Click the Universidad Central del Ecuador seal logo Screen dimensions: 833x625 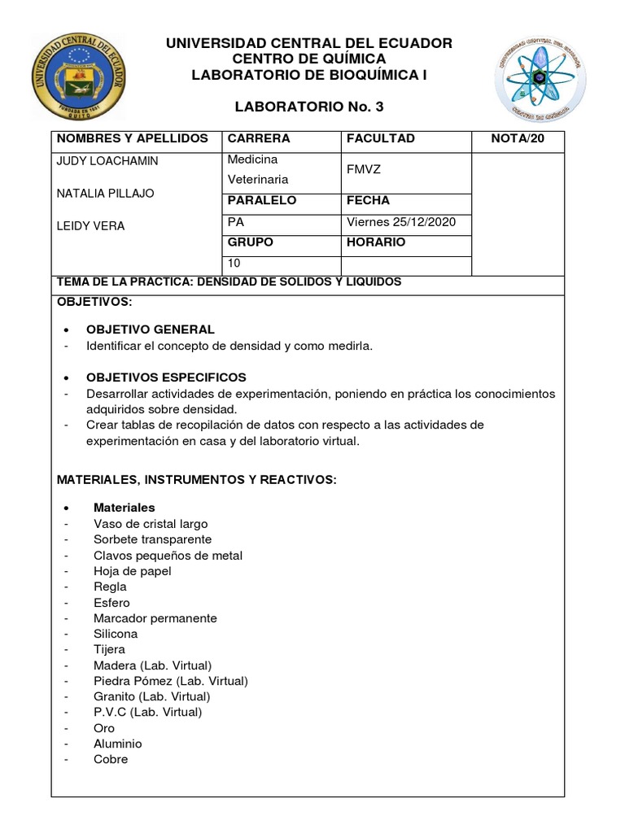pos(80,77)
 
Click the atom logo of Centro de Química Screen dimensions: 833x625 pos(540,78)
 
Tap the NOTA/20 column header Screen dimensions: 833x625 pos(518,138)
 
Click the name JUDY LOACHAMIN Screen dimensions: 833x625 pos(107,161)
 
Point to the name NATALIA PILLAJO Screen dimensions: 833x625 pos(105,194)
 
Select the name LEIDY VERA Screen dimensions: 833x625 pos(90,226)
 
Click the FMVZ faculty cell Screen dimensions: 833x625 pos(364,171)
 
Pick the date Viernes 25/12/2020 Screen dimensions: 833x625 pos(401,222)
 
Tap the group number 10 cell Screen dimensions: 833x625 pos(235,264)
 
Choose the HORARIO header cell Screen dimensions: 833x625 pos(376,242)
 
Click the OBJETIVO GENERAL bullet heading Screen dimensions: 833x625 pos(151,329)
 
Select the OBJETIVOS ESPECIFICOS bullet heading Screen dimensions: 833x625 pos(166,377)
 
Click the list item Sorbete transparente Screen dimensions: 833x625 pos(152,539)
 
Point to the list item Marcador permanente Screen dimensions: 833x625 pos(155,618)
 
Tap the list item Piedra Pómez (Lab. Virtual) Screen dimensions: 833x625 pos(171,681)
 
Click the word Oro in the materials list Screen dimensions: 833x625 pos(104,728)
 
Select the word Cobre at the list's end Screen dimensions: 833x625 pos(111,759)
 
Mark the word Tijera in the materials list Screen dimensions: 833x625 pos(109,649)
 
